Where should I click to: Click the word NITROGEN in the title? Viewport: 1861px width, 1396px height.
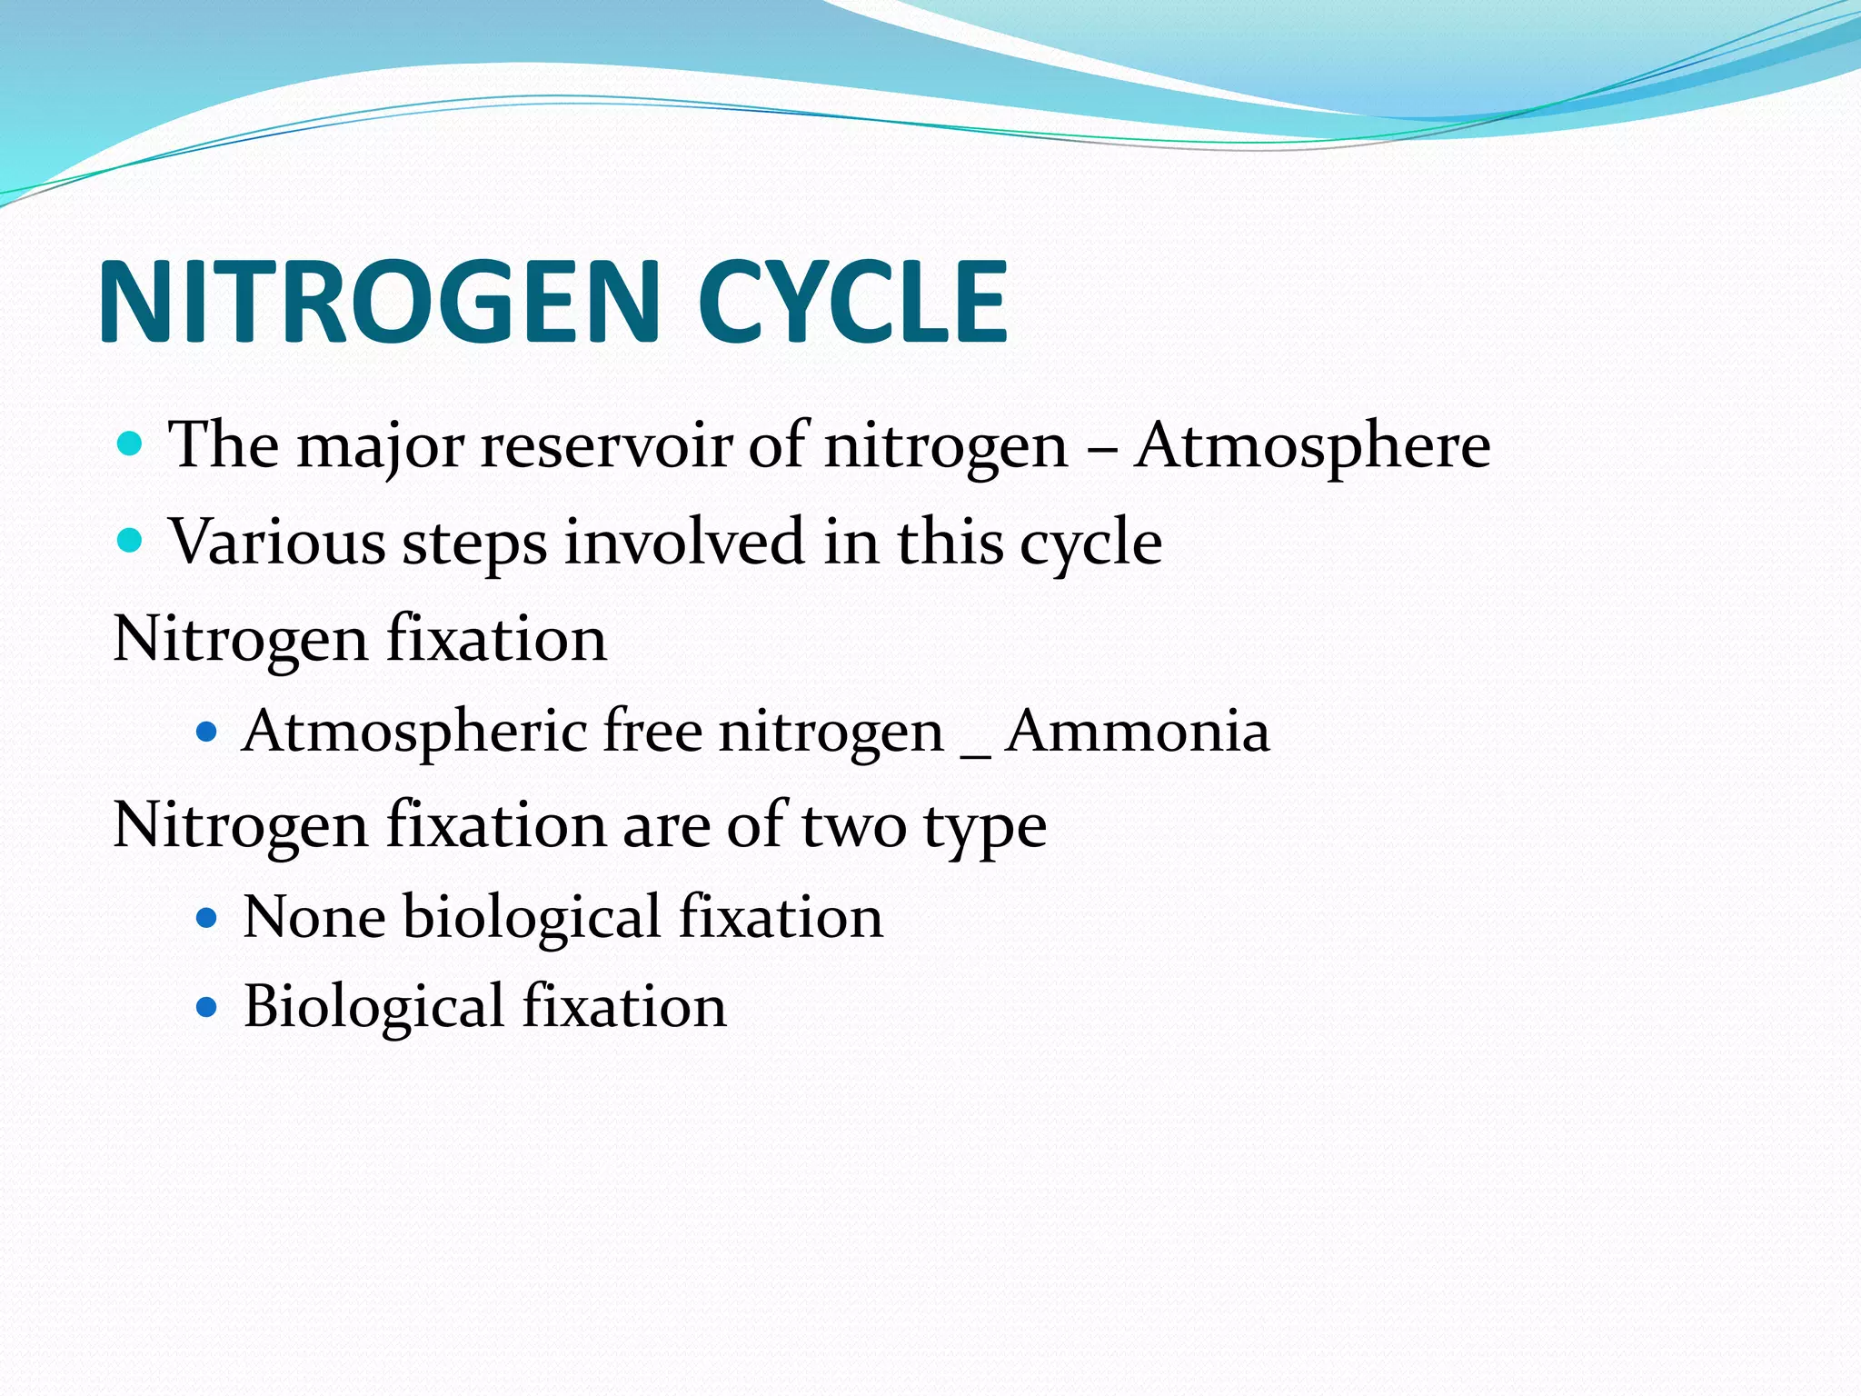click(x=379, y=302)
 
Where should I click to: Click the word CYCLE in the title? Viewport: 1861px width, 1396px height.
click(x=851, y=302)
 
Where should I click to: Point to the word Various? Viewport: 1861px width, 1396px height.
click(x=277, y=543)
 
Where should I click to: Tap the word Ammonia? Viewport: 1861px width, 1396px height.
click(x=1137, y=732)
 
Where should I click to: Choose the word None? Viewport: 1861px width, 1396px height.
click(x=313, y=917)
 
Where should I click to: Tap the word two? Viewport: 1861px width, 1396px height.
click(x=853, y=827)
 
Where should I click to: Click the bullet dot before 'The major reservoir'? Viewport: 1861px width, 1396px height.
click(x=131, y=444)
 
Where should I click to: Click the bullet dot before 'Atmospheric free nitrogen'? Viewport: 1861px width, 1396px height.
click(x=207, y=732)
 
